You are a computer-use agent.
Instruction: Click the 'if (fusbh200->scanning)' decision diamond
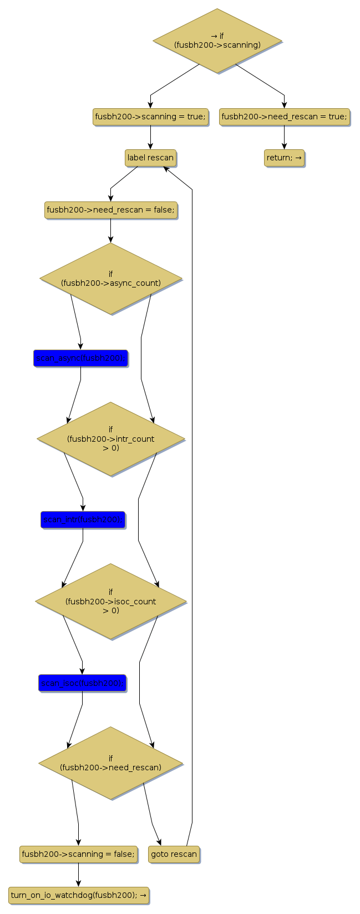point(217,41)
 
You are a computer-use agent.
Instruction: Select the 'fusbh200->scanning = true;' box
point(150,117)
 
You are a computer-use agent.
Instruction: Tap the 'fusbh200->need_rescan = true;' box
point(285,117)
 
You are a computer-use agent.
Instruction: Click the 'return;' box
point(284,158)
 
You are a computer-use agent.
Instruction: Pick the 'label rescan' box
point(150,158)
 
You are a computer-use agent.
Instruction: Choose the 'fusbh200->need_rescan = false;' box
point(111,210)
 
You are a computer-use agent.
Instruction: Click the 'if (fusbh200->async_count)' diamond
point(111,279)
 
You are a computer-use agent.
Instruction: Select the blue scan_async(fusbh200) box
point(80,358)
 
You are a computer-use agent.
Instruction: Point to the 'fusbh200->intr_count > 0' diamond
point(111,438)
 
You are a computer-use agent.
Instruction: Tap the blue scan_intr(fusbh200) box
point(83,519)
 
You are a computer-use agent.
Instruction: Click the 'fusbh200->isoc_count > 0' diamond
point(111,601)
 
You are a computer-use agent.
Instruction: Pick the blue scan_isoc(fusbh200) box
point(82,683)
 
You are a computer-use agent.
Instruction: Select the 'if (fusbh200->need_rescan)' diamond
point(111,763)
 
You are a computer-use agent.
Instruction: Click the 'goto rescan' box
point(174,854)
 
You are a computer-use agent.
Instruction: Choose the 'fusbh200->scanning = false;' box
point(78,854)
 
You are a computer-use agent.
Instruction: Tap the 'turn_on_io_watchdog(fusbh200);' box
point(79,895)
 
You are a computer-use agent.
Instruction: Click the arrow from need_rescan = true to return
point(285,137)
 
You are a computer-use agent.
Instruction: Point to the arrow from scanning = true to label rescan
point(150,137)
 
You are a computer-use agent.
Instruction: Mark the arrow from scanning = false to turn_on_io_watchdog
point(78,875)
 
